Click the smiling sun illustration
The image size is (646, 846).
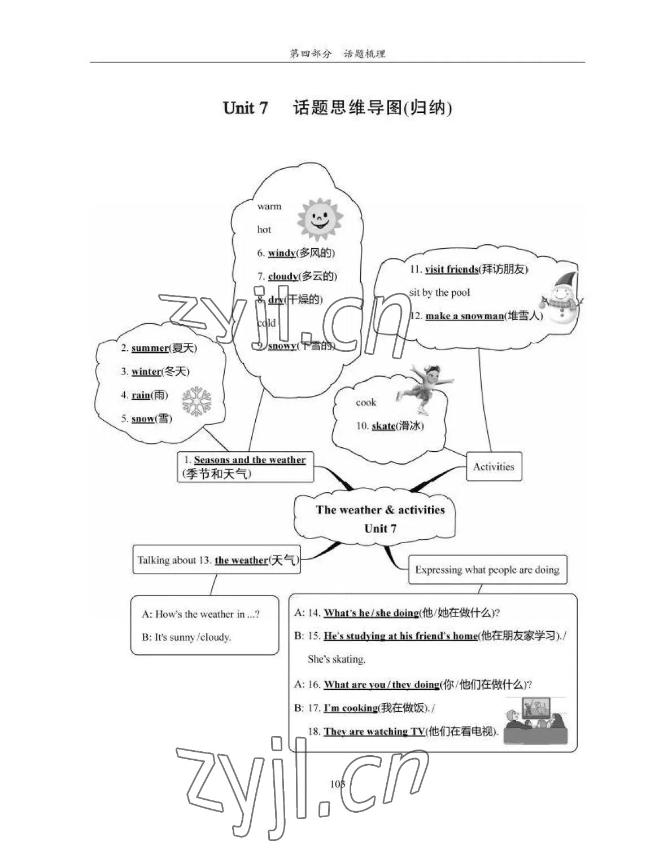point(320,218)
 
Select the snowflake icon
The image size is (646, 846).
point(196,402)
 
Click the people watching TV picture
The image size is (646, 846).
point(534,720)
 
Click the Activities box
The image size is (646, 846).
point(494,466)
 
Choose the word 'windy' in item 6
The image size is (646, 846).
point(282,253)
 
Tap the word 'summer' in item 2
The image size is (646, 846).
point(150,349)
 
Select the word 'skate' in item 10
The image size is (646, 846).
point(383,426)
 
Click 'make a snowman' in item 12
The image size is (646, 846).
point(464,316)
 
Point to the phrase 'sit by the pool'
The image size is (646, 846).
point(439,293)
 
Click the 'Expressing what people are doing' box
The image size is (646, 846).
point(487,570)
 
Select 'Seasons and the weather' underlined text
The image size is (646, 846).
point(250,460)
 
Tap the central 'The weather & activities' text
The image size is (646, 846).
point(380,510)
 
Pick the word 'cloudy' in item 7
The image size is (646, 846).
point(283,276)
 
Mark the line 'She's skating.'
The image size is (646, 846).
point(337,659)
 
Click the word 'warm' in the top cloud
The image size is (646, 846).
point(269,206)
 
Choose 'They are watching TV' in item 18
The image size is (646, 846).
point(374,732)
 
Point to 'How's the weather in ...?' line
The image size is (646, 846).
point(201,614)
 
